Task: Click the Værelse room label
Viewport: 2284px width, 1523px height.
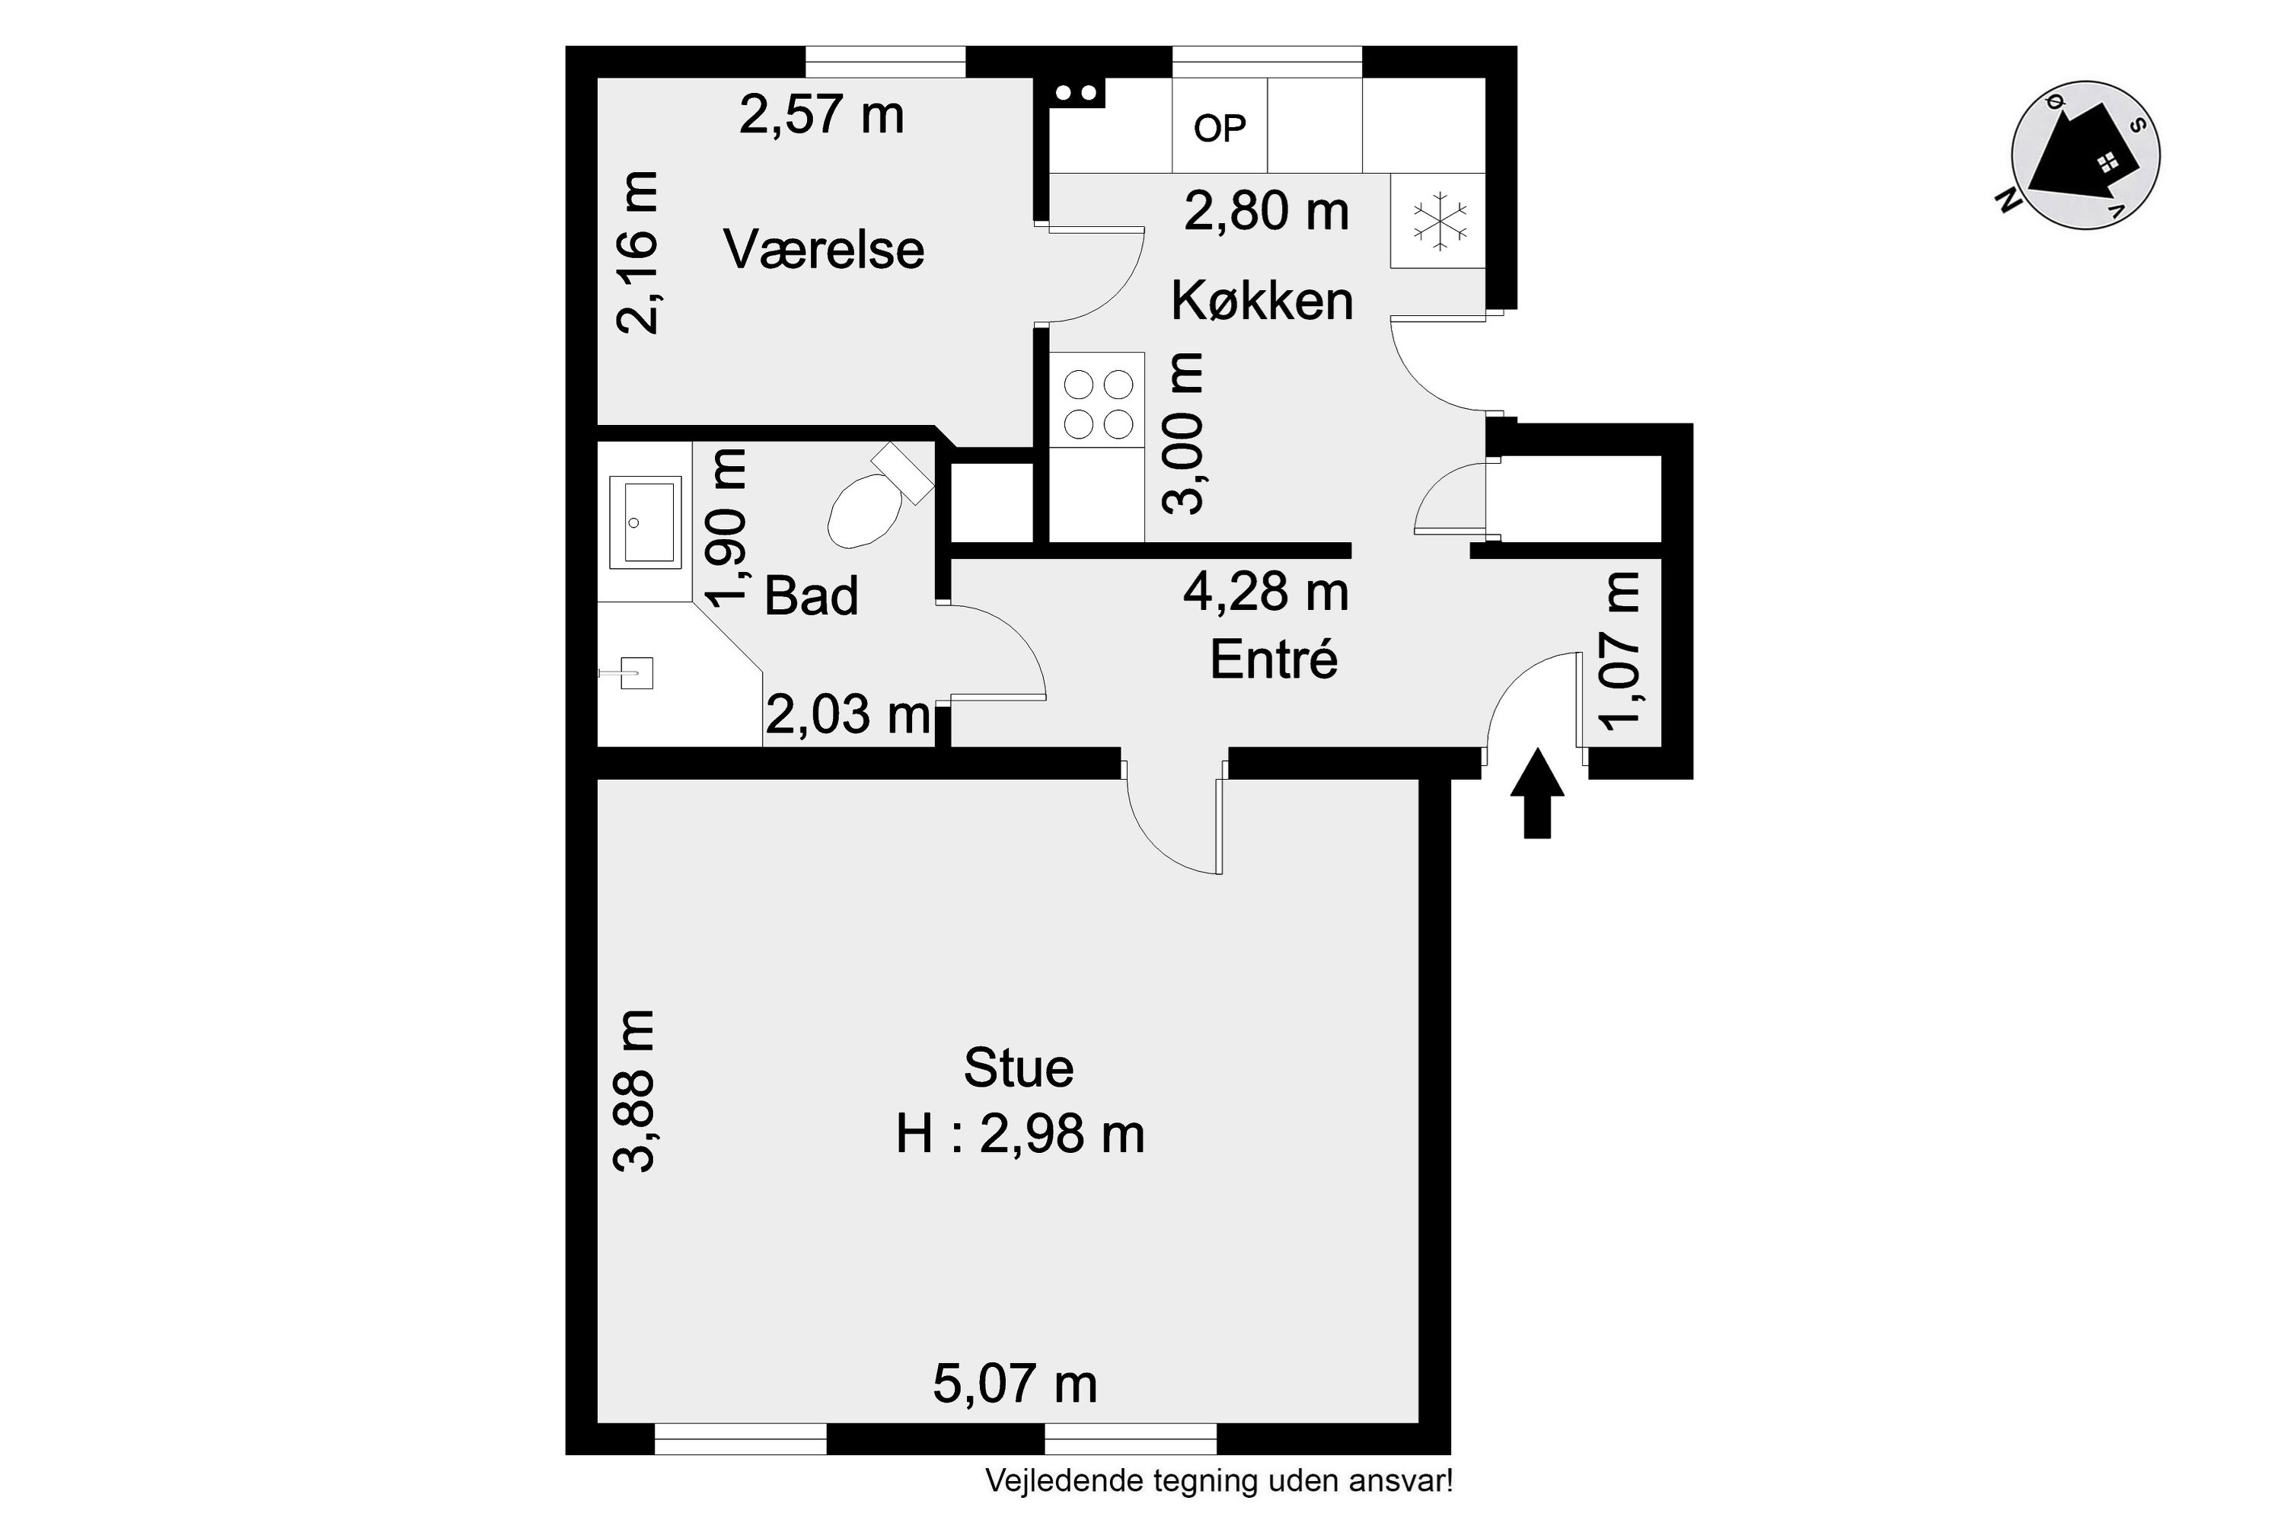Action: coord(824,250)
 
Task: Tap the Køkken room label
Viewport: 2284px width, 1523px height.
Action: coord(1262,300)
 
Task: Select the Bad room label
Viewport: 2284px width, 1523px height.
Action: coord(811,595)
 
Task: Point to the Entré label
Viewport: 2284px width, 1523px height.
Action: coord(1273,660)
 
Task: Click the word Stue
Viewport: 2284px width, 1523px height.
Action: coord(1019,1068)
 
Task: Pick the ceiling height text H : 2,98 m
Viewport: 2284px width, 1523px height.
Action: coord(1019,1134)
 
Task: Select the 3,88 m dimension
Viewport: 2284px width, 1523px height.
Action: coord(636,1090)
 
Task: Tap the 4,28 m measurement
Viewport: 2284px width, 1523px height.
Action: coord(1265,592)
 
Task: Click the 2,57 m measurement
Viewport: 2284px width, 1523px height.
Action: coord(821,115)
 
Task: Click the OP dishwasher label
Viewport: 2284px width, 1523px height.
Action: coord(1220,128)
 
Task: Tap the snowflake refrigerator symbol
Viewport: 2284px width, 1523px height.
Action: coord(1439,221)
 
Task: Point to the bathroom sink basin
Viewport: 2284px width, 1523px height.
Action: coord(644,522)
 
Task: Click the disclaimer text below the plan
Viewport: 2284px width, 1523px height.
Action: coord(1219,1481)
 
